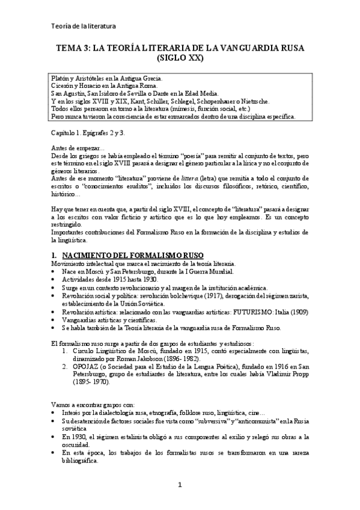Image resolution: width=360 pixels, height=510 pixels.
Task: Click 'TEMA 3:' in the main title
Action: pos(73,49)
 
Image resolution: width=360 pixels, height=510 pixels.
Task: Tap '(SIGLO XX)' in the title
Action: pos(180,59)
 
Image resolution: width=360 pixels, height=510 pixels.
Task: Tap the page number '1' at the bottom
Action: pos(179,485)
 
